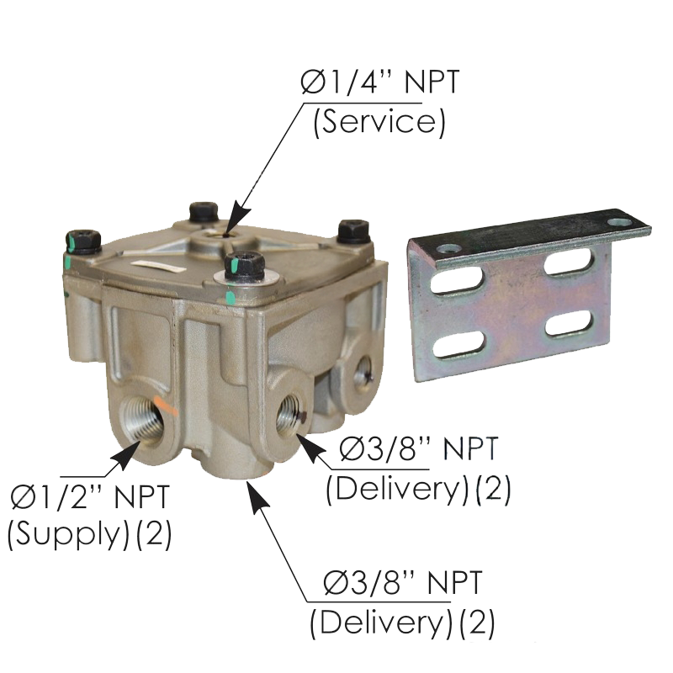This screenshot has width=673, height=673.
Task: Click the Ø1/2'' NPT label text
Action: tap(90, 497)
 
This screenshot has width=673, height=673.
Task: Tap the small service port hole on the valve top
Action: tap(227, 234)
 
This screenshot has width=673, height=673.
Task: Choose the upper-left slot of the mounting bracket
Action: tap(458, 283)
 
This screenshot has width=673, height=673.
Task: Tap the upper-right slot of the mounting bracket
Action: tap(570, 262)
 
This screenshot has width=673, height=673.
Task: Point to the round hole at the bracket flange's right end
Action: tap(620, 222)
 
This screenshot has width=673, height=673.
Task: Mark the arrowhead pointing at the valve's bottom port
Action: tap(258, 499)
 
